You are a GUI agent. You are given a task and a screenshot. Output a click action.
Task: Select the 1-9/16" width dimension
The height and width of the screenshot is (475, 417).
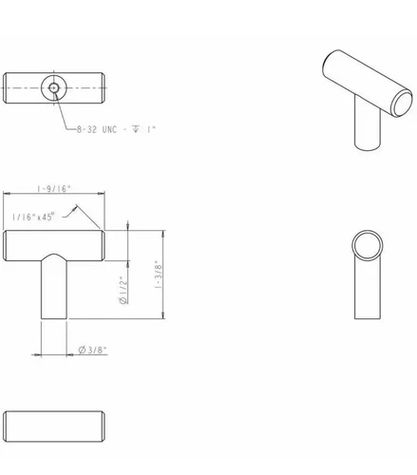coord(55,190)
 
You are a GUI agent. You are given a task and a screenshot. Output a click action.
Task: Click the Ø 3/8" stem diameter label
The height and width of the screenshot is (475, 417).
coord(92,350)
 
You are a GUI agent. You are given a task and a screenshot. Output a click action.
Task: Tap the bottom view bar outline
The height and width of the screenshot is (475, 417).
coord(56,422)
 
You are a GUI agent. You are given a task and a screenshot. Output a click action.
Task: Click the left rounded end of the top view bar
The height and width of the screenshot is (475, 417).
coord(9,90)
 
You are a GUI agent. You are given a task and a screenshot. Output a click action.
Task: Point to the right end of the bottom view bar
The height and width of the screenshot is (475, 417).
coord(103,422)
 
